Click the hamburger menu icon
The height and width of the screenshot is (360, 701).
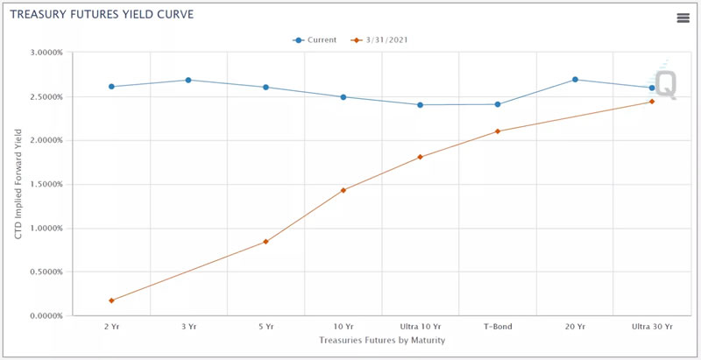[x=683, y=18]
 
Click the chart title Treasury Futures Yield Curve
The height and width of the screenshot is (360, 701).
[x=103, y=15]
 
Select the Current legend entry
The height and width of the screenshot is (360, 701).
[x=316, y=39]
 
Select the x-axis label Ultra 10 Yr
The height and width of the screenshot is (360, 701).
[x=420, y=327]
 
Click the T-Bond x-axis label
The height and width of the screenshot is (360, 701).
[x=497, y=327]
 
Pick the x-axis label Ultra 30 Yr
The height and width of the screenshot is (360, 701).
[x=652, y=327]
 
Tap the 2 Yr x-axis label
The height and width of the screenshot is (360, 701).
[x=111, y=327]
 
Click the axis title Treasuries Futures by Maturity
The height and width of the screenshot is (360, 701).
[x=381, y=340]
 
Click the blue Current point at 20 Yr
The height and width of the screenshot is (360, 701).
[x=575, y=80]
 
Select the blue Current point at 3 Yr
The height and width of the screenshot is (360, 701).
[x=188, y=80]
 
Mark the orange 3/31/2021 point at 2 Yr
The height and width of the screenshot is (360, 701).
[x=111, y=300]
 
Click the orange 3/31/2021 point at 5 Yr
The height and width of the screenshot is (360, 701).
[x=266, y=242]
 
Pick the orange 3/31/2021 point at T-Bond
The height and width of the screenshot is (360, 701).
[x=498, y=131]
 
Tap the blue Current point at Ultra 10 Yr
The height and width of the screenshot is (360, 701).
[x=420, y=105]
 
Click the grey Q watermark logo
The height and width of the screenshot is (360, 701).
[x=666, y=84]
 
